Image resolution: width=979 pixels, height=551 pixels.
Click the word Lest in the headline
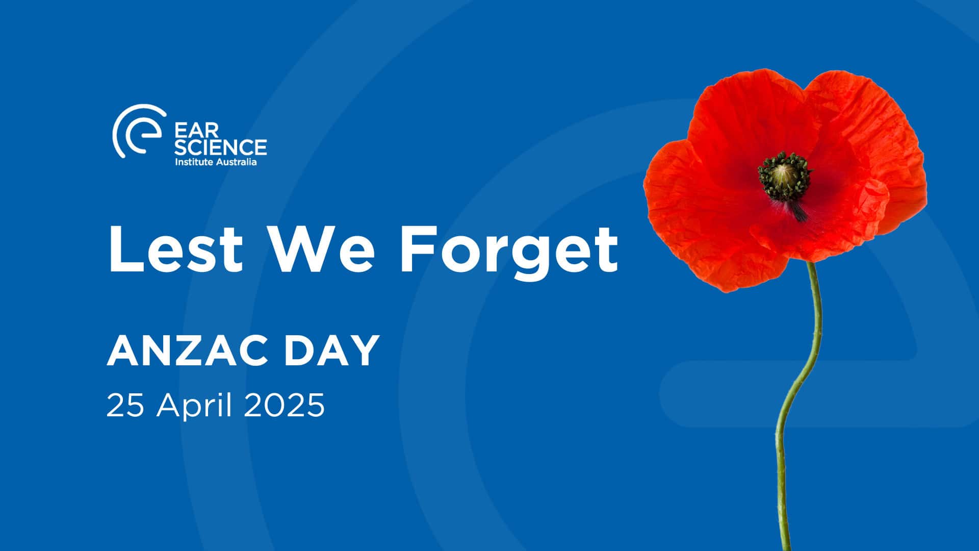(x=175, y=248)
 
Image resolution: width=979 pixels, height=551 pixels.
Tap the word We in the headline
(x=323, y=248)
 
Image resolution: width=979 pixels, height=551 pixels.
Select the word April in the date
(x=195, y=407)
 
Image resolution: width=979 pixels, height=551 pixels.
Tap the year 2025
(x=284, y=406)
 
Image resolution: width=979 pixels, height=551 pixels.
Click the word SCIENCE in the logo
(x=220, y=147)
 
